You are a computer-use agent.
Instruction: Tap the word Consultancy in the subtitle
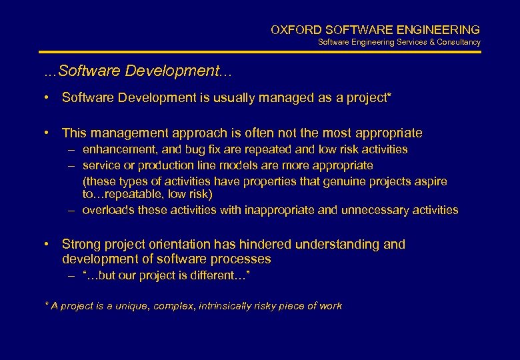457,42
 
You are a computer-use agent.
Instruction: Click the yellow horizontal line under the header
260,52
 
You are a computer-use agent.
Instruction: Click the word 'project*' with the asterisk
369,98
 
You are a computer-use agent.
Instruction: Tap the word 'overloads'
106,210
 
